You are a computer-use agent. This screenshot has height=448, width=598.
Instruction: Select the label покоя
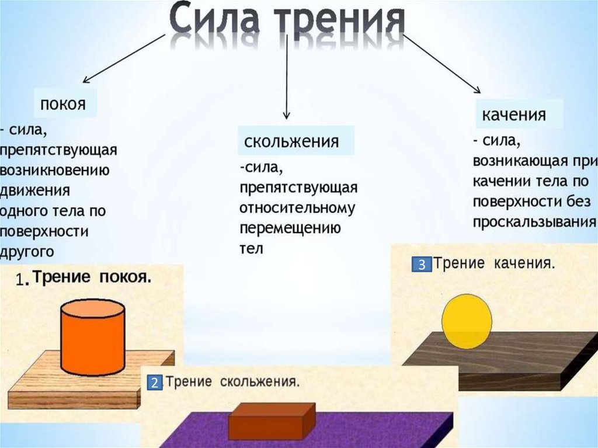click(x=63, y=105)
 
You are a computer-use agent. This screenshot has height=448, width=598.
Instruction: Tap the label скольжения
click(x=291, y=141)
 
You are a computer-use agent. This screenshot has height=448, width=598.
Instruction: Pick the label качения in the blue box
click(x=514, y=114)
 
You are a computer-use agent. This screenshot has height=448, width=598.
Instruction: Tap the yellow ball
click(x=467, y=321)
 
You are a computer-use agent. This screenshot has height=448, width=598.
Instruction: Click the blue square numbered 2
click(x=154, y=384)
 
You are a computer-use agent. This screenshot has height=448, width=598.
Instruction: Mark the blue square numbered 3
click(x=421, y=264)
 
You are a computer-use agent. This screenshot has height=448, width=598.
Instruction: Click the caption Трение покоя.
click(x=92, y=278)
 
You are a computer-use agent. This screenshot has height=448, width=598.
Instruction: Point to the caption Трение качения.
click(x=493, y=263)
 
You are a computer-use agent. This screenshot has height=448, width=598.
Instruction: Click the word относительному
click(x=297, y=208)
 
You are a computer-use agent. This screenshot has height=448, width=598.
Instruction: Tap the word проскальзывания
click(x=534, y=223)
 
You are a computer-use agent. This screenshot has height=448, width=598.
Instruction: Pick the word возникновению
click(x=55, y=170)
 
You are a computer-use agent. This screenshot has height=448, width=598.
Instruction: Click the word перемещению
click(x=290, y=228)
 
